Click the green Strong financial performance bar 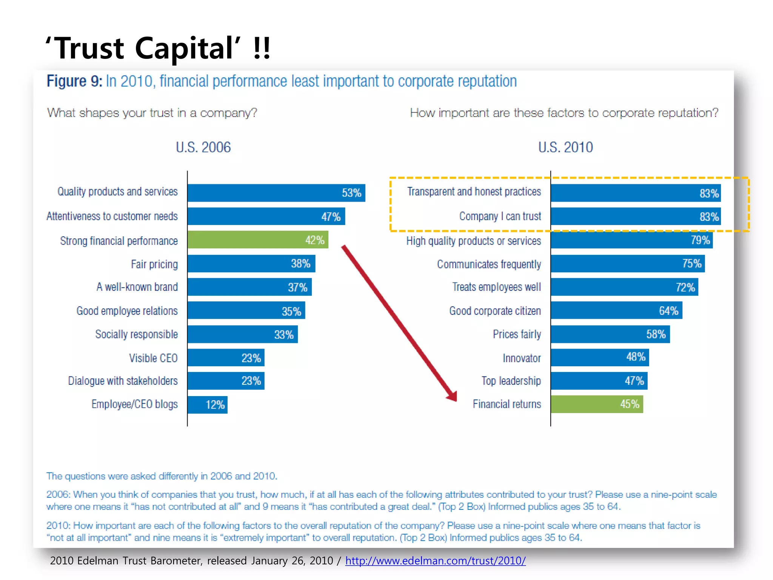[x=258, y=240]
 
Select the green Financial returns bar [x=596, y=404]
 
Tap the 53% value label [x=351, y=193]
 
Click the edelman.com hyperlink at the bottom [x=435, y=561]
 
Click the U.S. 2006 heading [x=203, y=147]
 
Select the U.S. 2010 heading [x=565, y=147]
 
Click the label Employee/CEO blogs [x=134, y=404]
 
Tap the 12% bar [x=208, y=405]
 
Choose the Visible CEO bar [x=226, y=358]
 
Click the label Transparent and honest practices [x=474, y=192]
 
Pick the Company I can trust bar [x=635, y=216]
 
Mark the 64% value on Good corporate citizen [x=668, y=311]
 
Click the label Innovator [x=522, y=358]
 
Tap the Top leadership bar [x=599, y=381]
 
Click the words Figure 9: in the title [x=74, y=82]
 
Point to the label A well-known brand [x=137, y=287]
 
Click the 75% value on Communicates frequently [x=691, y=264]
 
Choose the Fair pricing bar [x=251, y=264]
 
